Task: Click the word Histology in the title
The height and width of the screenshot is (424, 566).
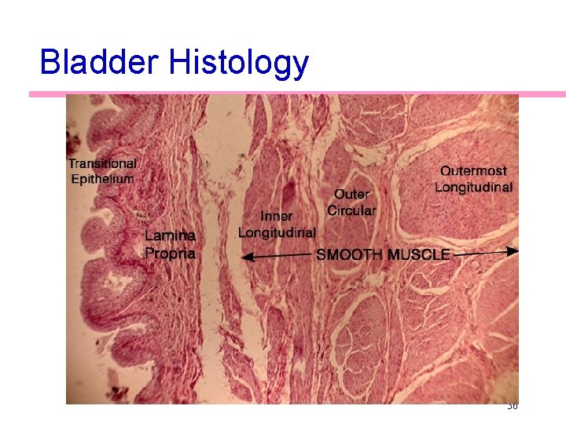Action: point(238,63)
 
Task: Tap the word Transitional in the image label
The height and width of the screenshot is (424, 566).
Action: point(101,163)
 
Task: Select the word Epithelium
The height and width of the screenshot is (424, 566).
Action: point(102,178)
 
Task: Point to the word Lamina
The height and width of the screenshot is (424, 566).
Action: point(170,236)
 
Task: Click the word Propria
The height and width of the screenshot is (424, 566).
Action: point(170,253)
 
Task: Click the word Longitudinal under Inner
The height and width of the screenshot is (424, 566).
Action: point(277,232)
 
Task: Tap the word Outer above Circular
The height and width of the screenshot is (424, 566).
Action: point(351,194)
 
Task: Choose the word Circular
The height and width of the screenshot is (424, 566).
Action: point(351,210)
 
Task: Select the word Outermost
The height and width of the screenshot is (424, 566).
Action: point(473,170)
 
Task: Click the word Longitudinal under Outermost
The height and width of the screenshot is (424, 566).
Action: point(473,187)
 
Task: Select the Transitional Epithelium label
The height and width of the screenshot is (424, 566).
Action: point(101,171)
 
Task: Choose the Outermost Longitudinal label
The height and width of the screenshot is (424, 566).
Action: point(473,179)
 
